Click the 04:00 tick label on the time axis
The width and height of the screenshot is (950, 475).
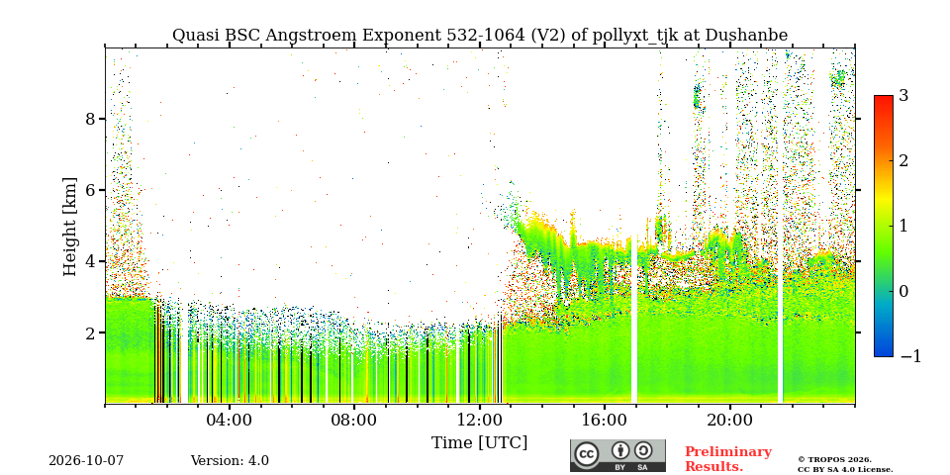(229, 421)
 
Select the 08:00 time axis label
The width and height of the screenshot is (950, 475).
(354, 421)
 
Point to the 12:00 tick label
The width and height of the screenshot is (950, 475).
(479, 421)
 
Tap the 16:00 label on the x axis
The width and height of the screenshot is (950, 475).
(604, 421)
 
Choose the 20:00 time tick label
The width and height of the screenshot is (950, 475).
(729, 421)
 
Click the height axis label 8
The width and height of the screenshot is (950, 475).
(90, 118)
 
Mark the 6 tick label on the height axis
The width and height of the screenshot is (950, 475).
(90, 190)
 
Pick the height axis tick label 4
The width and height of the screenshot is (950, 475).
(90, 261)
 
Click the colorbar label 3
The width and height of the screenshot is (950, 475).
(903, 95)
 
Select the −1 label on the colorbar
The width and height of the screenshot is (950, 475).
(910, 356)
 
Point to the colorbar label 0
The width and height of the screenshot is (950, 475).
(903, 291)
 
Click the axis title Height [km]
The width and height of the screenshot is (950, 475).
(70, 227)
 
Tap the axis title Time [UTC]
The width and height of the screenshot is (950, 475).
(479, 442)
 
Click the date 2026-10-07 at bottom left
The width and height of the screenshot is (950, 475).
(86, 461)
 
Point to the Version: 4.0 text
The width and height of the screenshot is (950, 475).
(230, 461)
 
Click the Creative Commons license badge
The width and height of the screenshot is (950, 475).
(617, 455)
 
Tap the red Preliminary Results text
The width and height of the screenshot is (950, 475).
(728, 459)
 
